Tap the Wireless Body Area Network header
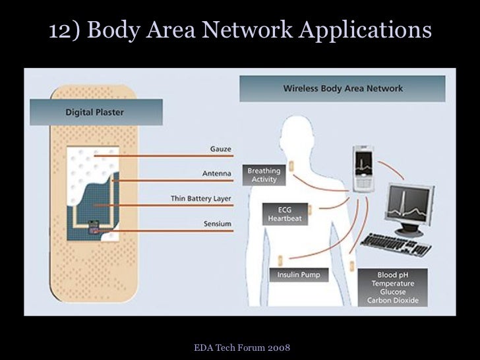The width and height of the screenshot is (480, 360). coord(343,88)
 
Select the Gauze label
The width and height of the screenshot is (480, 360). coord(220,149)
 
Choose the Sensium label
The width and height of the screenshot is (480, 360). coord(217,224)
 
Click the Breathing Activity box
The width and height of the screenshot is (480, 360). coord(264,175)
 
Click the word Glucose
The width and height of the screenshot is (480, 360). coord(396,292)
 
